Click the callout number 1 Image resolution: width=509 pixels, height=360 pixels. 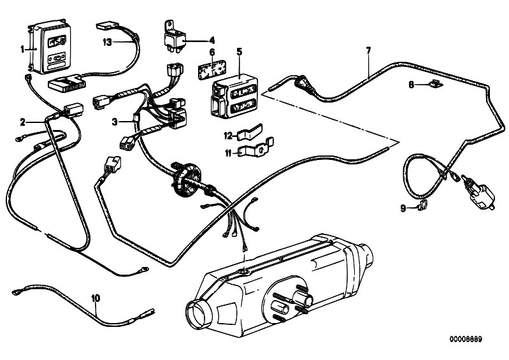coord(22,50)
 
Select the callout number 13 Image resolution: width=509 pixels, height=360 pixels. coord(107,42)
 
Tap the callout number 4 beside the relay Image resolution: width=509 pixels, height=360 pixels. coord(212,41)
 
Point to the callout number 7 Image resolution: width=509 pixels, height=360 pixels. coord(368,50)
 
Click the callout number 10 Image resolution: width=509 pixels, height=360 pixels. coord(96,298)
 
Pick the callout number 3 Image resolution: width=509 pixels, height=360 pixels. coord(114,122)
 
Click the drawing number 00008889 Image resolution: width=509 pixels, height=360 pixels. coord(466,339)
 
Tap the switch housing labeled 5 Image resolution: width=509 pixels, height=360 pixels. coord(234,94)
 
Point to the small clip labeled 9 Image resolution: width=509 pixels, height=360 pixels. coord(421,206)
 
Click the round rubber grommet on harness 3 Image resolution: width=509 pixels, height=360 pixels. coord(185,179)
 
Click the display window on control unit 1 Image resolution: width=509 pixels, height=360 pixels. coord(57,41)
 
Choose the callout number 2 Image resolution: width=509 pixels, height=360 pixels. coord(22,122)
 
